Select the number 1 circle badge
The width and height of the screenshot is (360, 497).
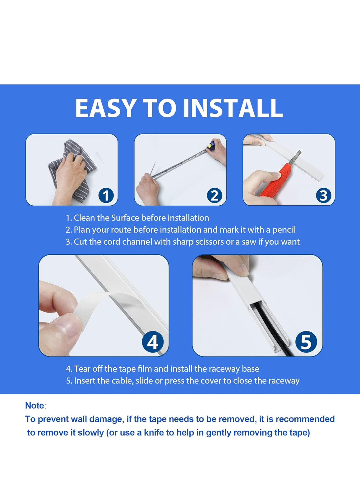click(x=106, y=196)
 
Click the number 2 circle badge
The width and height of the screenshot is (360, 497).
click(x=214, y=196)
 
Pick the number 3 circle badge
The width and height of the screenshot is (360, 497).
click(x=323, y=196)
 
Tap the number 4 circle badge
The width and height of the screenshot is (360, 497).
click(x=153, y=342)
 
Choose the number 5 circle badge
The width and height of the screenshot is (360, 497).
click(x=306, y=342)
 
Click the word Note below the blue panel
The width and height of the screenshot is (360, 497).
click(x=35, y=406)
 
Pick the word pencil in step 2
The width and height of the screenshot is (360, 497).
click(x=284, y=230)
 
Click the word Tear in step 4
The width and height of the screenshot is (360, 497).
click(x=82, y=369)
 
